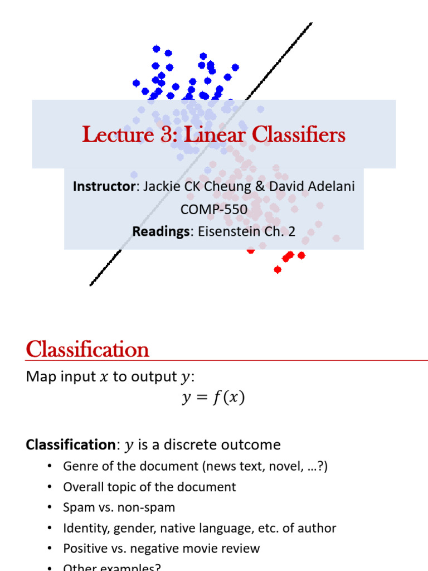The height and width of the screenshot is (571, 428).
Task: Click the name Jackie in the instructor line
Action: (x=160, y=186)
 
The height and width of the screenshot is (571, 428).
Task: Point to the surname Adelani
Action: (x=330, y=186)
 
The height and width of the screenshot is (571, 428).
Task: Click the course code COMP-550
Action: (x=213, y=209)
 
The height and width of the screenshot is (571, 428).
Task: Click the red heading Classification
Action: (x=87, y=350)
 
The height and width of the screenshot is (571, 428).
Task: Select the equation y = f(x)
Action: (x=213, y=398)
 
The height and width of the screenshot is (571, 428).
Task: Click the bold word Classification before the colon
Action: (x=70, y=444)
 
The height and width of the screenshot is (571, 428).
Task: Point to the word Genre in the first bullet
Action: (x=80, y=466)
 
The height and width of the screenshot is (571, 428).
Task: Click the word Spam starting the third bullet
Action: (x=78, y=507)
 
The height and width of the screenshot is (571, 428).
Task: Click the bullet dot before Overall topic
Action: (x=50, y=487)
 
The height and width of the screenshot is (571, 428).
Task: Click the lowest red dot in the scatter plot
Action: (x=278, y=270)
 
